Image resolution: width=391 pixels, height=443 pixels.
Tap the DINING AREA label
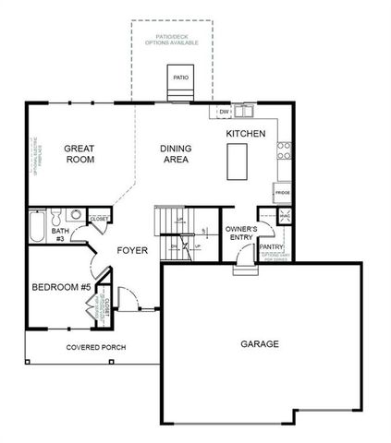175,153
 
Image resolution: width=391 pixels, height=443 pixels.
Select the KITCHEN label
246,134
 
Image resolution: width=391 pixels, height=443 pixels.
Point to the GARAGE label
260,343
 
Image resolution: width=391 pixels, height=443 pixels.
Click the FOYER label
131,250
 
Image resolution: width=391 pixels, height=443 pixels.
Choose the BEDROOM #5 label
61,287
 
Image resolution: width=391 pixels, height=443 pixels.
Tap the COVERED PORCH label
96,347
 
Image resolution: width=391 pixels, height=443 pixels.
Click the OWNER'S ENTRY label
240,233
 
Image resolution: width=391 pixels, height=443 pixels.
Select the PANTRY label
272,247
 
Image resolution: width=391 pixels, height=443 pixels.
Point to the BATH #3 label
58,234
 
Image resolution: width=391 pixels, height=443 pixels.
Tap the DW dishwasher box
224,113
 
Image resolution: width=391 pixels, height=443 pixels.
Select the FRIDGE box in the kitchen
282,194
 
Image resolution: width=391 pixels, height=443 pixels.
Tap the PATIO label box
180,78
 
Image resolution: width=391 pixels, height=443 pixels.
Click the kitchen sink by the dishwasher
244,112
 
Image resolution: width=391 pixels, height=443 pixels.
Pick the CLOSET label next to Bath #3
100,220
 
